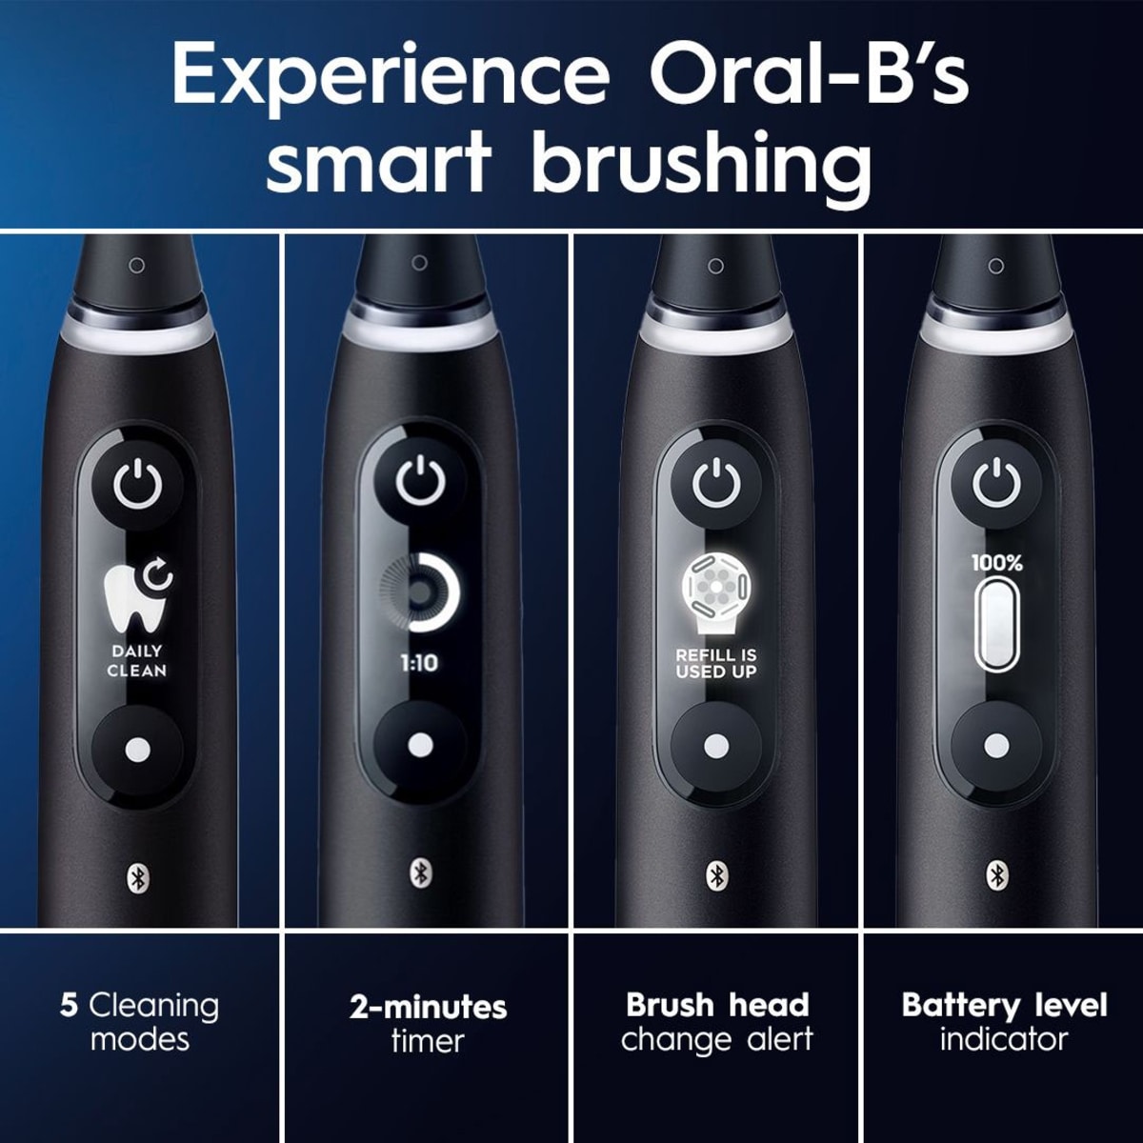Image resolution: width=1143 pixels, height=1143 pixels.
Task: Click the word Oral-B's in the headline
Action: click(808, 74)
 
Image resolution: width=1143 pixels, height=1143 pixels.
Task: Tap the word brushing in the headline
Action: click(701, 164)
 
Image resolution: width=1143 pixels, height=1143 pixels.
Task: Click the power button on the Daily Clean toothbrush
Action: click(138, 486)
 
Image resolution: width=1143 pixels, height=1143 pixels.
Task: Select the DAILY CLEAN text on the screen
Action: click(137, 661)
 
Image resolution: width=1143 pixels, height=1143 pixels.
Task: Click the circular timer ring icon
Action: click(420, 592)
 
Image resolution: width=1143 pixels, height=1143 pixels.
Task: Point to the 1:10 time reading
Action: click(419, 663)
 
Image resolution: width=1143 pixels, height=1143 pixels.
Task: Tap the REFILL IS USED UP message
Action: click(715, 663)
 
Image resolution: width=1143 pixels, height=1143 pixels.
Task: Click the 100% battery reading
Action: click(996, 563)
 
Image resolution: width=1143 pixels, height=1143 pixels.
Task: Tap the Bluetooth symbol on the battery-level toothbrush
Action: click(996, 874)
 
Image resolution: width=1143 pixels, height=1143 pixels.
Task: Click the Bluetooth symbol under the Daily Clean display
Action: click(137, 877)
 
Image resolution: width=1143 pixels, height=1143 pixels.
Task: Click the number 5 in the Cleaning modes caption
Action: click(69, 1005)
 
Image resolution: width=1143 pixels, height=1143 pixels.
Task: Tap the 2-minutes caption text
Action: click(428, 1007)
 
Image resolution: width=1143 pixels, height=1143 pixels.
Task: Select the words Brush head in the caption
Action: click(717, 1005)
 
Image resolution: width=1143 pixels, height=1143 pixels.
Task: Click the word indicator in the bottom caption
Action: click(1003, 1039)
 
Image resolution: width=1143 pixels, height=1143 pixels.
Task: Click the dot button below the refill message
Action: click(715, 746)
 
